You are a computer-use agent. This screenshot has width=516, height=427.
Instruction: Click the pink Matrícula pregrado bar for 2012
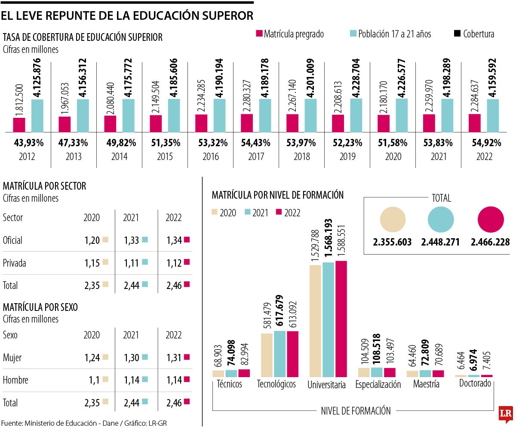click(x=19, y=125)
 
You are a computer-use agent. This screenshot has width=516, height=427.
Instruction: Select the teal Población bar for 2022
click(x=493, y=115)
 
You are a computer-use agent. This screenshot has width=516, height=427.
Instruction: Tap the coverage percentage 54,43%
click(x=256, y=143)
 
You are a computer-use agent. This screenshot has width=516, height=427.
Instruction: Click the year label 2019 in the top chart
click(x=347, y=157)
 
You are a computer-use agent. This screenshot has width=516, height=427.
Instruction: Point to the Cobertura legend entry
click(x=474, y=34)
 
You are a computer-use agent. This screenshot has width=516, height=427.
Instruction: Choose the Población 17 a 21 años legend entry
click(x=390, y=34)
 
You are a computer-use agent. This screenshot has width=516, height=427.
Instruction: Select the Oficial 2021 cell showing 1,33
click(x=131, y=240)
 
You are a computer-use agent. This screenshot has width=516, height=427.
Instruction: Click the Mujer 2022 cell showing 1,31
click(x=174, y=357)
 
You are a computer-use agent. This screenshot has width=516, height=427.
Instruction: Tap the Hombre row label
click(x=15, y=380)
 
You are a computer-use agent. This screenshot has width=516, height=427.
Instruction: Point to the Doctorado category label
click(x=475, y=383)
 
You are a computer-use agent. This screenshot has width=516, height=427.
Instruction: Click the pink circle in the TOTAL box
click(x=491, y=219)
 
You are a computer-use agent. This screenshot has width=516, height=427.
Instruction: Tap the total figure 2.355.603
click(x=393, y=242)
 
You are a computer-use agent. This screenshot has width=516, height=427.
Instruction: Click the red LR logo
click(x=506, y=413)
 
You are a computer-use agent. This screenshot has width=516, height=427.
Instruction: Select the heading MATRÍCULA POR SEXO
click(x=46, y=307)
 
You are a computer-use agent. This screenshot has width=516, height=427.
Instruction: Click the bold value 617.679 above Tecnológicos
click(x=280, y=311)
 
